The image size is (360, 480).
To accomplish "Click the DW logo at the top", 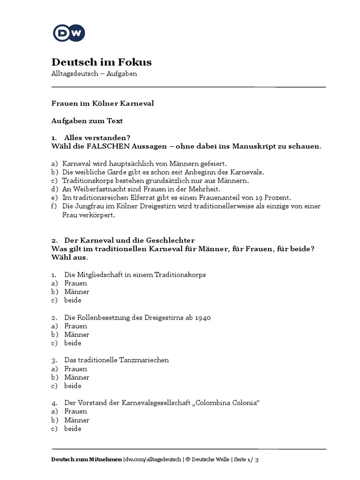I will (68, 33).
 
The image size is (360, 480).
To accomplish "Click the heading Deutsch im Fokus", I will (101, 62).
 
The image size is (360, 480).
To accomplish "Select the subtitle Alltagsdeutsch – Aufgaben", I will (94, 75).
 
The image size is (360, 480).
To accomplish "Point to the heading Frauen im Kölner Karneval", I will (102, 103).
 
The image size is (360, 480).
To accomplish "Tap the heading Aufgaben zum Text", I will (87, 120).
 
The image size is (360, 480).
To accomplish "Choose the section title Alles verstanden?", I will (97, 137).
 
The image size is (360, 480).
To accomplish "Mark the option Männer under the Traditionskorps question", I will (77, 292).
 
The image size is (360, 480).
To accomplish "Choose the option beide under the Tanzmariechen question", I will (73, 386).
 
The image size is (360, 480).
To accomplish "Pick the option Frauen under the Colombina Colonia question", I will (75, 411).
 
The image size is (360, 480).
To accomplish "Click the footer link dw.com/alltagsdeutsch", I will (152, 459).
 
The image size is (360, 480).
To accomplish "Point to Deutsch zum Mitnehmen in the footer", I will (86, 459).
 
